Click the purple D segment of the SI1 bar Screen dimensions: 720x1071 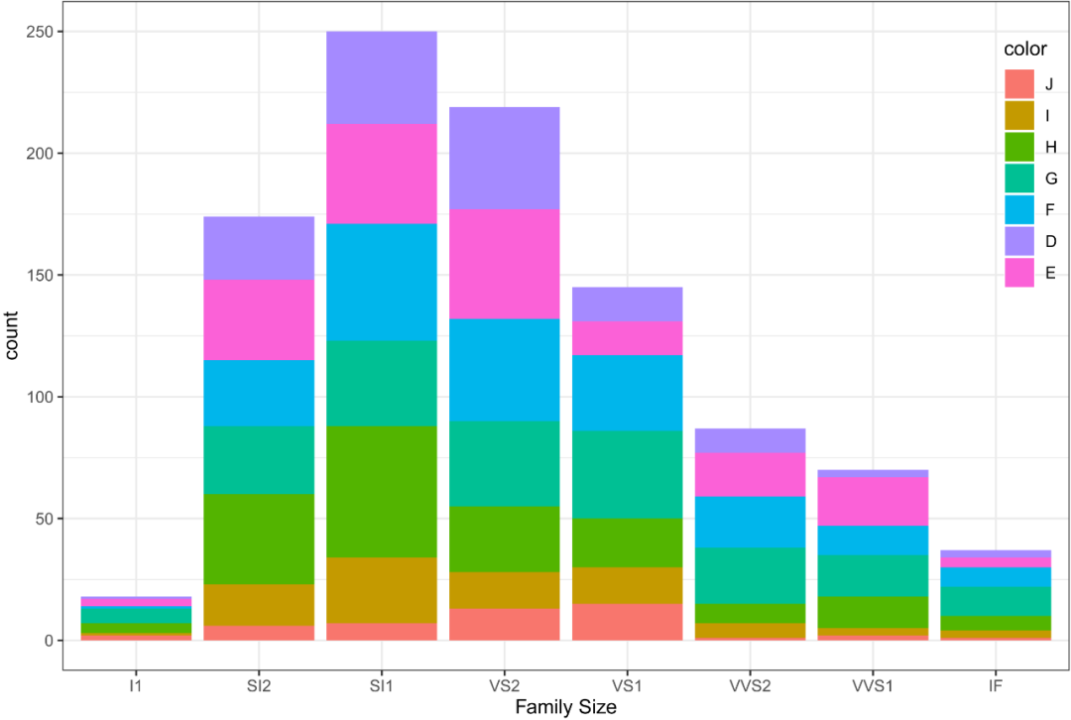coord(382,77)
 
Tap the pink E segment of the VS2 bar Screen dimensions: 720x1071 coord(505,264)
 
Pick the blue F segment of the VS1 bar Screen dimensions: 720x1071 coord(628,392)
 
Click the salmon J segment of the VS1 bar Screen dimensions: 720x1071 coord(628,622)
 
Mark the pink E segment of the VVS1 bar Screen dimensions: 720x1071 coord(874,501)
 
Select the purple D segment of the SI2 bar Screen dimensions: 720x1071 coord(259,247)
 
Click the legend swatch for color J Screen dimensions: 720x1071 coord(1019,84)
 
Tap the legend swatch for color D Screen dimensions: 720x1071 coord(1019,241)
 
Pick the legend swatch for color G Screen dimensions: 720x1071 coord(1019,179)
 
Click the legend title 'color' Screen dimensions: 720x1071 coord(1024,50)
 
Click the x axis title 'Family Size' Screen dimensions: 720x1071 coord(566,707)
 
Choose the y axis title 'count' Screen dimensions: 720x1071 coord(12,335)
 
